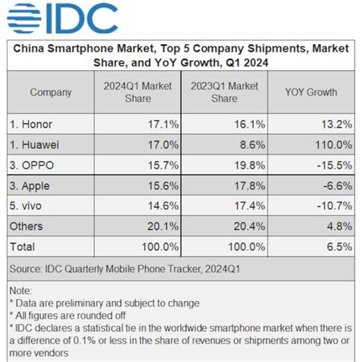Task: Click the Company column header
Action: click(50, 93)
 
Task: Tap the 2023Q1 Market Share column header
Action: click(224, 93)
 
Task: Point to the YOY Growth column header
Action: click(311, 93)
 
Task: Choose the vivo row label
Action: click(31, 206)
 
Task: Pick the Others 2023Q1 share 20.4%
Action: click(248, 226)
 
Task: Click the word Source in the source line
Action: click(28, 268)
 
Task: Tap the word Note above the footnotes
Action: click(21, 291)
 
